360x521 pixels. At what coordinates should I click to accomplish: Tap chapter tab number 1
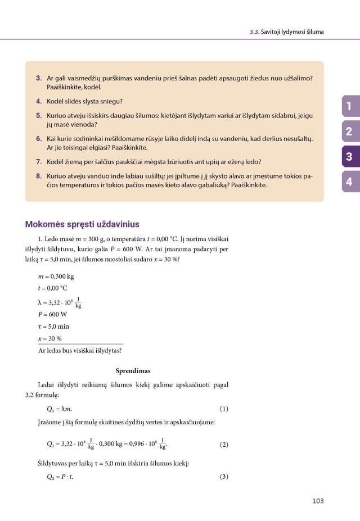tap(349, 106)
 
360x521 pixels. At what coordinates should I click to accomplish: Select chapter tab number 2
tap(349, 132)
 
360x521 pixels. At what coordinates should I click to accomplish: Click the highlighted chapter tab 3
tap(349, 157)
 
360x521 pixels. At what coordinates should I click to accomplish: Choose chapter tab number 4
tap(349, 182)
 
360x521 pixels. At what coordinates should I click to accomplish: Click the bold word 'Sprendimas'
tap(133, 371)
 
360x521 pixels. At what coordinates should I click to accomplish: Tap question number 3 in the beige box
tap(39, 78)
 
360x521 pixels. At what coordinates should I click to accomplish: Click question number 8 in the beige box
tap(39, 175)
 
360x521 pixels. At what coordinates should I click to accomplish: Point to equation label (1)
tap(224, 409)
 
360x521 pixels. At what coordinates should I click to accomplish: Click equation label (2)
tap(224, 445)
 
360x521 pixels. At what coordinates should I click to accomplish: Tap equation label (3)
tap(224, 477)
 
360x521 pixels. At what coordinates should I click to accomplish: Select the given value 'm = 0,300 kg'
tap(56, 276)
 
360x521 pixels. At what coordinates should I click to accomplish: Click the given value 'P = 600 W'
tap(52, 315)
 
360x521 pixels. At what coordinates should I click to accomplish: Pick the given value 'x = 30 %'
tap(50, 338)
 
